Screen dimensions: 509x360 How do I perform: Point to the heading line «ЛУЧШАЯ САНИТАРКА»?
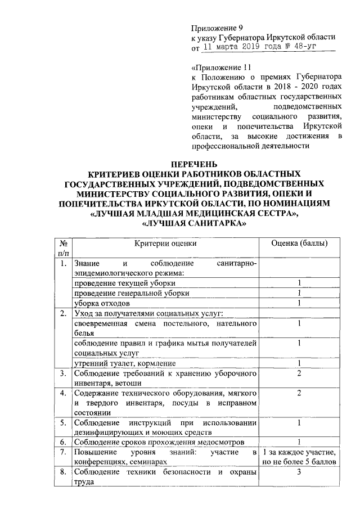(x=195, y=224)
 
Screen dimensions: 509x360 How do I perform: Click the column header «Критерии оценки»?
(x=165, y=244)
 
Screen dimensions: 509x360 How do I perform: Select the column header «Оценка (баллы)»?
(x=300, y=244)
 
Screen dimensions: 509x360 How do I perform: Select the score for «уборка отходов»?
(x=300, y=303)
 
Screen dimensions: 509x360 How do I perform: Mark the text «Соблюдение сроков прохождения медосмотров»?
(x=158, y=442)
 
